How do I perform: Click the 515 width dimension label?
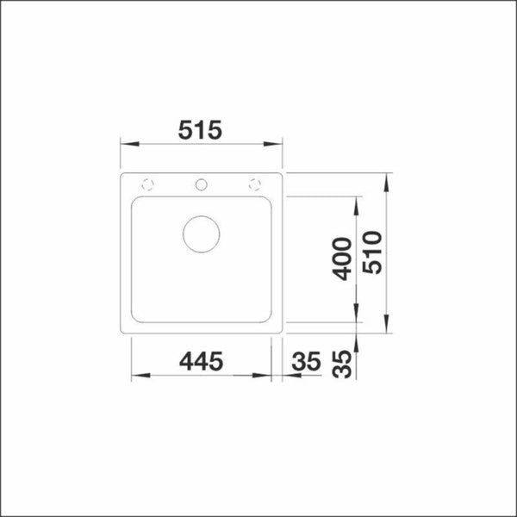point(201,130)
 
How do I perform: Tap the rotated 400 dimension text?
point(342,258)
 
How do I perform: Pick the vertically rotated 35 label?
point(342,363)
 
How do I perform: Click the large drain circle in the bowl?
point(202,232)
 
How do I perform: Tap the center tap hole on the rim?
point(202,183)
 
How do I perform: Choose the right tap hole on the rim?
point(255,183)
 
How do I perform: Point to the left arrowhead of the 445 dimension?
point(136,376)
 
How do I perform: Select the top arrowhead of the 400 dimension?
point(357,202)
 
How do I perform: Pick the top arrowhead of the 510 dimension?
point(387,180)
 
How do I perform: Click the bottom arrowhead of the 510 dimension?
point(387,324)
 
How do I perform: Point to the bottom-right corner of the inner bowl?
point(270,321)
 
